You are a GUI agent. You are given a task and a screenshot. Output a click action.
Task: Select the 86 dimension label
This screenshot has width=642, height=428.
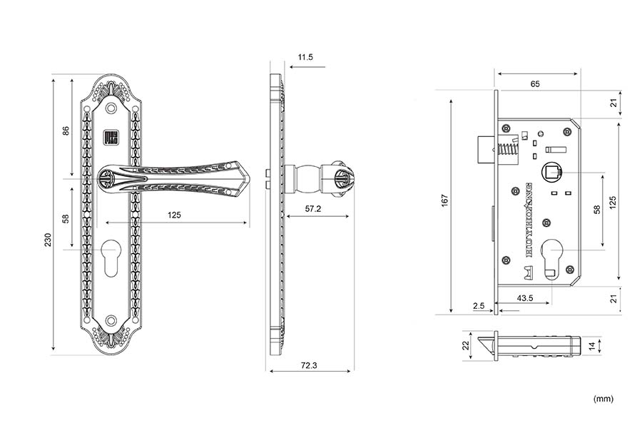(x=66, y=131)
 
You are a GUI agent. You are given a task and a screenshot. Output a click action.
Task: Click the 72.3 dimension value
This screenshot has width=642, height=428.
(x=309, y=365)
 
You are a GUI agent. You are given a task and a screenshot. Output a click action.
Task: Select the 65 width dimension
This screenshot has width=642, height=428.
(x=535, y=83)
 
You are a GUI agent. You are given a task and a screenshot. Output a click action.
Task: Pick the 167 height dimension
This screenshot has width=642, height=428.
(x=445, y=201)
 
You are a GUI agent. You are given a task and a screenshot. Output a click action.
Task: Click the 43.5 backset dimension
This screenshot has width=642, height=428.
(x=524, y=298)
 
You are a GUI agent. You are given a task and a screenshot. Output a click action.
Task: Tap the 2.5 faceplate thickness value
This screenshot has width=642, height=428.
(x=479, y=306)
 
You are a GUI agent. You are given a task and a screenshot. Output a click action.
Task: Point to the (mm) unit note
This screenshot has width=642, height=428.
(x=603, y=399)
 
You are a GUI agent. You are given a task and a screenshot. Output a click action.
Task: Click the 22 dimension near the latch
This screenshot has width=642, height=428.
(x=467, y=345)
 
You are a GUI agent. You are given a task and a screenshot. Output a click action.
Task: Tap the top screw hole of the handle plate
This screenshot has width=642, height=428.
(x=112, y=108)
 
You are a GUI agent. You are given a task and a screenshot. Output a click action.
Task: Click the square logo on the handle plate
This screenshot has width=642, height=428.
(x=112, y=137)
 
